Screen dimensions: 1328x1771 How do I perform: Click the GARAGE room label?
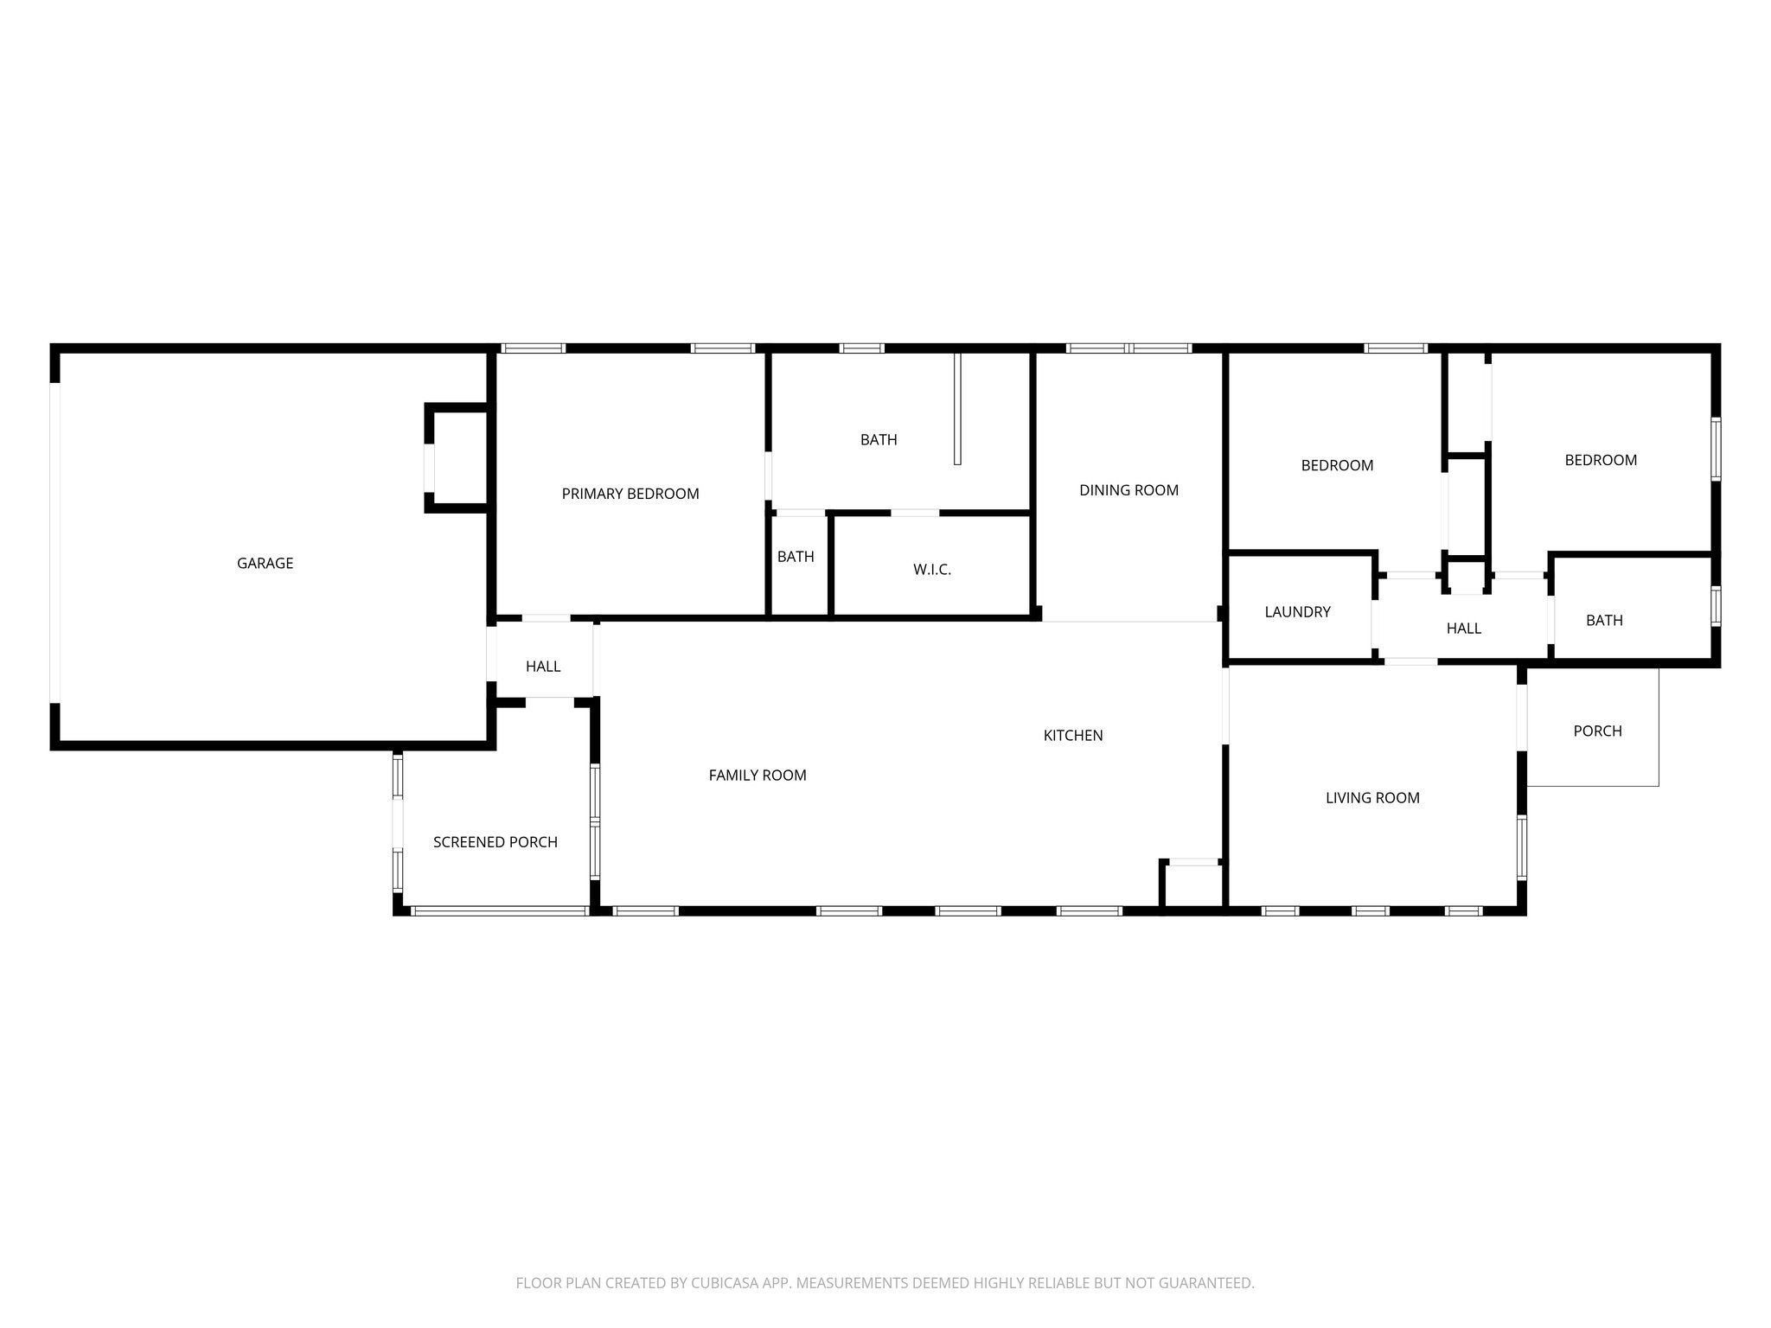click(x=265, y=563)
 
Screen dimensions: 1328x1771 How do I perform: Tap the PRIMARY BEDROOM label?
click(x=630, y=494)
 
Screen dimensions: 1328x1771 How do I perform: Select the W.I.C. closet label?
click(x=931, y=570)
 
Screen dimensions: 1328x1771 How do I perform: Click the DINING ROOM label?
click(x=1128, y=490)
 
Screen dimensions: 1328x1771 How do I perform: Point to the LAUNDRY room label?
click(x=1297, y=612)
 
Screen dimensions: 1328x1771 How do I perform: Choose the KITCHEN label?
click(x=1072, y=736)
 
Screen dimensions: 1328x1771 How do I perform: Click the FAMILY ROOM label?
click(x=757, y=776)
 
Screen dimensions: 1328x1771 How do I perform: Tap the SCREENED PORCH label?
click(x=495, y=842)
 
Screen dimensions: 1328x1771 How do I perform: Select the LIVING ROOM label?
click(x=1371, y=798)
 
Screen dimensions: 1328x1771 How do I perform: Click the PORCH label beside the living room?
click(x=1596, y=731)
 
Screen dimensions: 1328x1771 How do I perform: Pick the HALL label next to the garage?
click(x=542, y=667)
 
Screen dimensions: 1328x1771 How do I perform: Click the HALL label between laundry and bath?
click(x=1463, y=629)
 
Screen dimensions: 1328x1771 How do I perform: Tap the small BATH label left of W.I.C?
click(x=795, y=557)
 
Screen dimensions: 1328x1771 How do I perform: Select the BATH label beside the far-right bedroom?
click(x=1603, y=621)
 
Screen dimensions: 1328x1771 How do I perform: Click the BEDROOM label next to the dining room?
click(x=1336, y=465)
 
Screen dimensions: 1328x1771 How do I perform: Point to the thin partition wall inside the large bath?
click(x=956, y=408)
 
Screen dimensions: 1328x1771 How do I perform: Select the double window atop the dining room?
click(x=1128, y=348)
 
